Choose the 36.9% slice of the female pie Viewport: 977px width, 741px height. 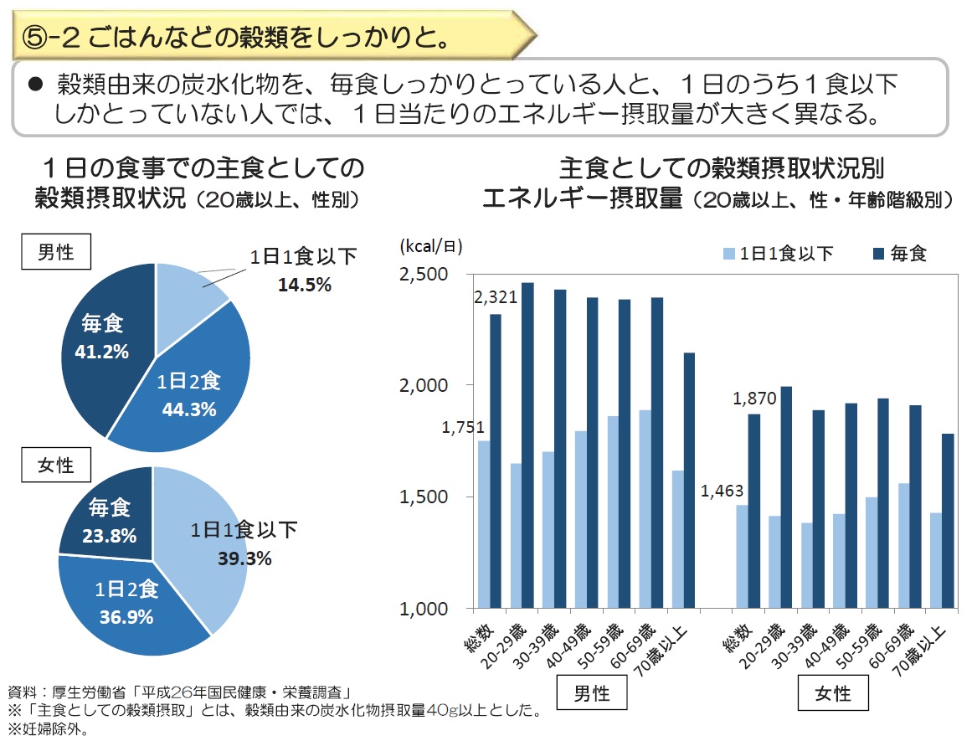126,603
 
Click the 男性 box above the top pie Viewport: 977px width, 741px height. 56,252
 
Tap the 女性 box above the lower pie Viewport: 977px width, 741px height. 56,465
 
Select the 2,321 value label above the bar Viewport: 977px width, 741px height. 495,298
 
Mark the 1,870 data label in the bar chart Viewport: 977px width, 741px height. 754,399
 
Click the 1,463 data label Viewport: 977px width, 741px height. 722,491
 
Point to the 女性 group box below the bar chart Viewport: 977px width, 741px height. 832,692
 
